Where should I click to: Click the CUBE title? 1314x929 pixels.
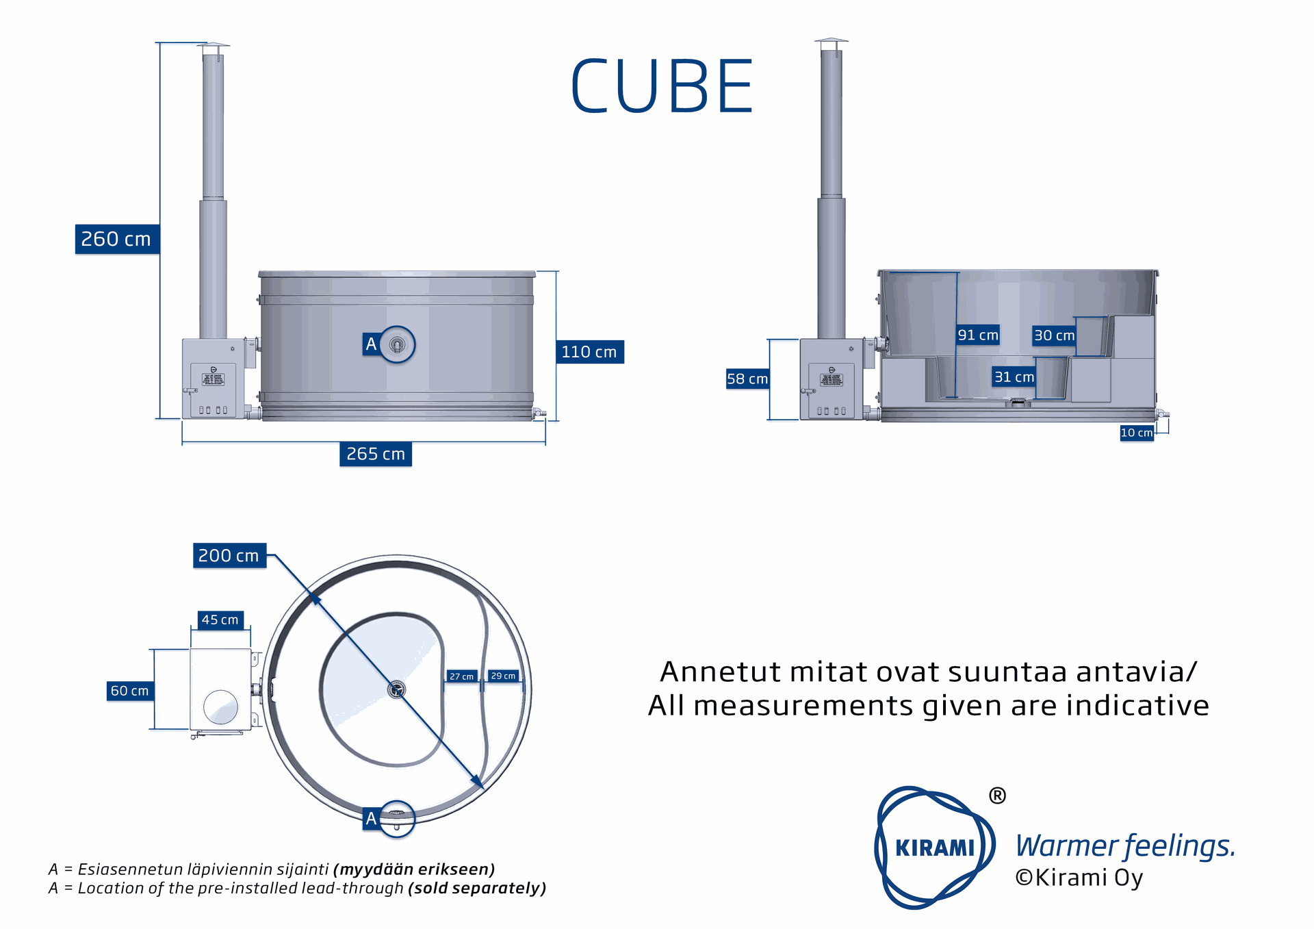point(661,87)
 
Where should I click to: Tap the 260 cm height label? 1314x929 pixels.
point(116,239)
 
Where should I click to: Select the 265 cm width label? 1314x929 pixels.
point(376,454)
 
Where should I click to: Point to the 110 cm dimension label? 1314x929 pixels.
point(589,352)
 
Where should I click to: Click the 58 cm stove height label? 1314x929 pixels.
point(747,379)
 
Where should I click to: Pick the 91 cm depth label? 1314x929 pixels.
point(978,335)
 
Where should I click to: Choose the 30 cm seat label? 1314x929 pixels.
point(1054,335)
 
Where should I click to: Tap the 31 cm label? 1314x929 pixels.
point(1014,377)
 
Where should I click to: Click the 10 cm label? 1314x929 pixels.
point(1136,433)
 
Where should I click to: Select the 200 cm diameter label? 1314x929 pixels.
point(229,555)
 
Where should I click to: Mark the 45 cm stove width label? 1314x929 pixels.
point(220,620)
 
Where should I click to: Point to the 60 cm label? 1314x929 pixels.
point(129,691)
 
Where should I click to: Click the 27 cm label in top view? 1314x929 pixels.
point(461,676)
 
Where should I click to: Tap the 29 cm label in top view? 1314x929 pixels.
point(503,676)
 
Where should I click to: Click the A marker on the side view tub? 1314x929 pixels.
point(371,344)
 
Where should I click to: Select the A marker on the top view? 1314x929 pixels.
point(371,818)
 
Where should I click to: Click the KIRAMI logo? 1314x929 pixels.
point(934,848)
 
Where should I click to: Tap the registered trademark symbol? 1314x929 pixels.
point(997,796)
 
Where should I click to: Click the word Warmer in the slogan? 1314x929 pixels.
point(1066,846)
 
